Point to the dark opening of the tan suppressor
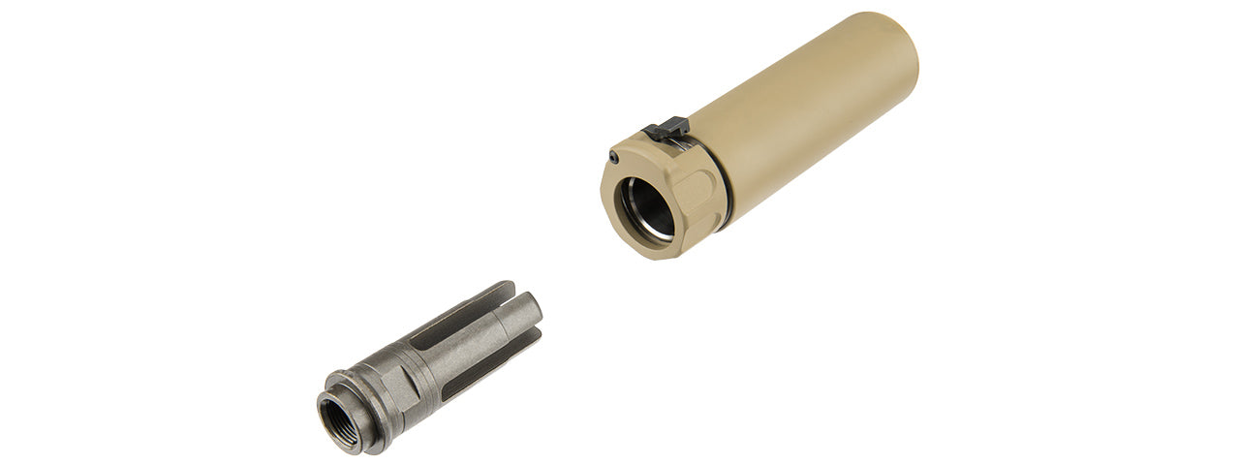coord(647,209)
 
